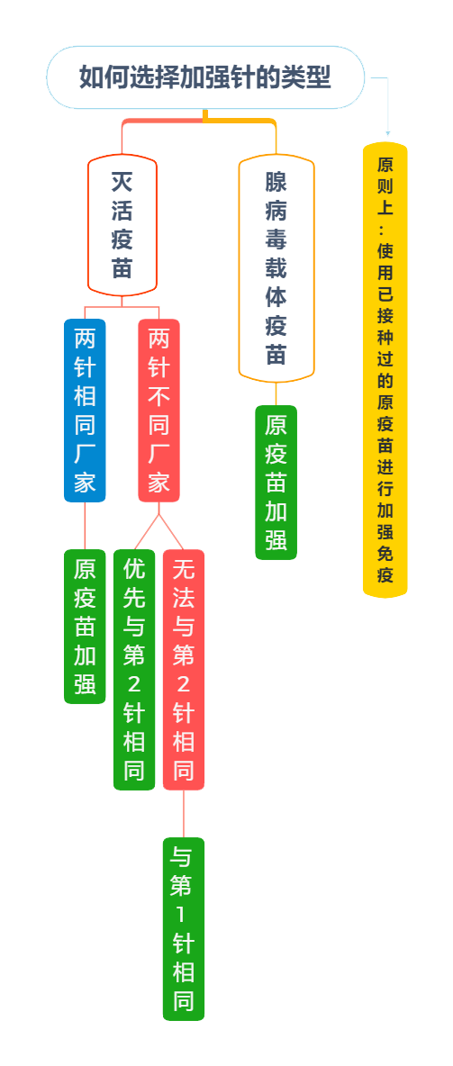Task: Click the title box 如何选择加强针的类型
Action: pos(205,77)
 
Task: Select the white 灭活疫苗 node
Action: pos(122,226)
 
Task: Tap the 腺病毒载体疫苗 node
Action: pos(276,268)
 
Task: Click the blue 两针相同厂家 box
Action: pos(85,410)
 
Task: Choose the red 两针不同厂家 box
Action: pos(159,410)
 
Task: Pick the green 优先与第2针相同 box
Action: pos(134,670)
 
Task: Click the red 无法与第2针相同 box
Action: pos(184,670)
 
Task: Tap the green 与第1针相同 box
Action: pos(184,928)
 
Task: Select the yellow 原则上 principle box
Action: pos(385,370)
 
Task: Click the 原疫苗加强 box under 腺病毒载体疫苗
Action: pos(276,483)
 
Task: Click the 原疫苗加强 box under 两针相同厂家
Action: pos(85,626)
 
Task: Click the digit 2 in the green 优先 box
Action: pos(134,684)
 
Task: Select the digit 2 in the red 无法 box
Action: pos(184,684)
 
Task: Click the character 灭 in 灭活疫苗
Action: pos(122,182)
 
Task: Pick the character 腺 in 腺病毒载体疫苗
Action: pos(276,182)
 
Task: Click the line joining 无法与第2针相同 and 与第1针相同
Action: pos(184,814)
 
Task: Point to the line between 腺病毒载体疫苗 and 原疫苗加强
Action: pos(276,394)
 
